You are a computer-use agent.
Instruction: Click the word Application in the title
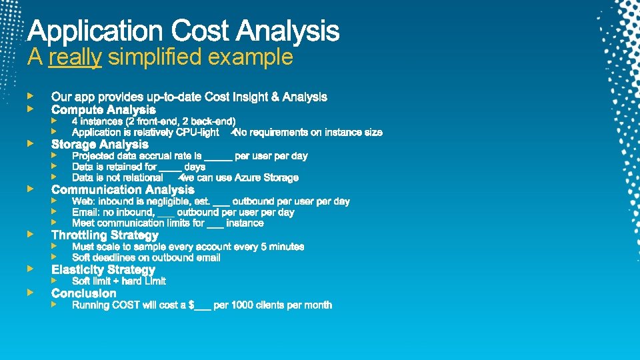[x=95, y=31]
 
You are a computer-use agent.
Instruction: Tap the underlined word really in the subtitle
[x=75, y=57]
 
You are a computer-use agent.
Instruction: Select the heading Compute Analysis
[x=103, y=109]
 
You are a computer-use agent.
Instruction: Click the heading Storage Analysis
[x=100, y=144]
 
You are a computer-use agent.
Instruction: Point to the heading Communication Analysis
[x=123, y=189]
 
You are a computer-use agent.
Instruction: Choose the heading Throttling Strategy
[x=105, y=235]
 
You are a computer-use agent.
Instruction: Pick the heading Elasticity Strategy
[x=103, y=269]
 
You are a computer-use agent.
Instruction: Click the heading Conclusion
[x=83, y=293]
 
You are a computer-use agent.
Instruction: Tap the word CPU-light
[x=197, y=133]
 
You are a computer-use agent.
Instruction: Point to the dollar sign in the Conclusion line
[x=191, y=305]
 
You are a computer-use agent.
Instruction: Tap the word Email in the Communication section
[x=85, y=212]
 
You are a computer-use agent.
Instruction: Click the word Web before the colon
[x=83, y=201]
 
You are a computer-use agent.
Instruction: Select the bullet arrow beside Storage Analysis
[x=29, y=143]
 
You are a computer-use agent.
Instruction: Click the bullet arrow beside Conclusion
[x=29, y=293]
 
